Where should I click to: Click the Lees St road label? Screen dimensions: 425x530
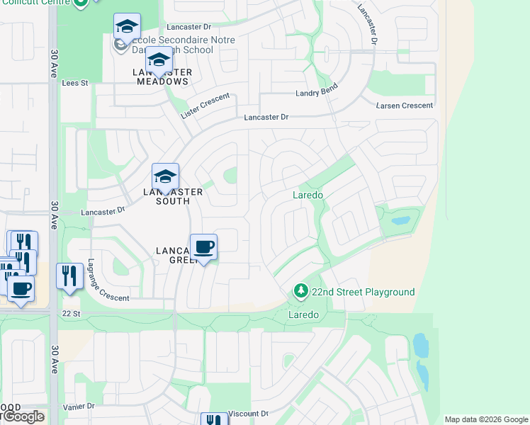(74, 83)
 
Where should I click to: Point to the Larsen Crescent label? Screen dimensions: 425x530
(405, 106)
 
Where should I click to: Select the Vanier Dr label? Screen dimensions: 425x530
(78, 407)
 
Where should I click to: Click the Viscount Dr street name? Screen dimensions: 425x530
(250, 413)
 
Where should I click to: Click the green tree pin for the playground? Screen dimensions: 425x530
(300, 291)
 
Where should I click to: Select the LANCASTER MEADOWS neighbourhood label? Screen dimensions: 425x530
(161, 76)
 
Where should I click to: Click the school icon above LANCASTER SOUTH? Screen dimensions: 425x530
(165, 176)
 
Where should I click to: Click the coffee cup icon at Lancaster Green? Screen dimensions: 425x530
(203, 246)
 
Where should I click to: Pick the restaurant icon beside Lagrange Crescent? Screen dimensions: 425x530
(69, 274)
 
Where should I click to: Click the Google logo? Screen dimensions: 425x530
(23, 416)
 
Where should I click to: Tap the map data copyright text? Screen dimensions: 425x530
(485, 419)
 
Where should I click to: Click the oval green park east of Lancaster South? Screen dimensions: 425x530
(230, 175)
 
